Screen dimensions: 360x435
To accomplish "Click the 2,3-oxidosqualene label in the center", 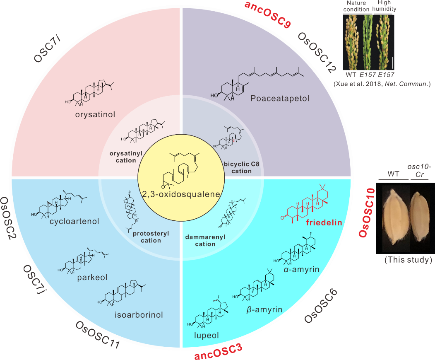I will (x=180, y=193).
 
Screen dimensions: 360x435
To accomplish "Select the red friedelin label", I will (x=324, y=222).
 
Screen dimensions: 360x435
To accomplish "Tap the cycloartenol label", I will (x=75, y=221).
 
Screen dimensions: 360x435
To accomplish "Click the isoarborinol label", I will (x=139, y=314).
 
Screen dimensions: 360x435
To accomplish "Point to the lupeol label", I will (x=206, y=335).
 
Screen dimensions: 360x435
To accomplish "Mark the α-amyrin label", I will (x=301, y=270).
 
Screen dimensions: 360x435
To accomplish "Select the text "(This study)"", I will (x=408, y=260).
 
